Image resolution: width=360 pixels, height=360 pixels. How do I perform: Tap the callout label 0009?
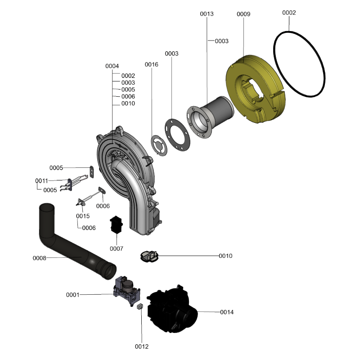(x=243, y=14)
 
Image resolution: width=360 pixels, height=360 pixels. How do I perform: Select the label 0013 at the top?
(x=207, y=14)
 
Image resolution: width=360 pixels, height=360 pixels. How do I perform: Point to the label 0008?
(x=40, y=258)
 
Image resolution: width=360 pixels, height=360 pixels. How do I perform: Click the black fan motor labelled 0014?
(x=172, y=309)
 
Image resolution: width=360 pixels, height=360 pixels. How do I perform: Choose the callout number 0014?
(x=227, y=312)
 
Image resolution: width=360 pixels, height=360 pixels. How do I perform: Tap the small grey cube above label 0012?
(x=140, y=306)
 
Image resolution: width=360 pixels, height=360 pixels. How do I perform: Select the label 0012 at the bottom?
(x=142, y=346)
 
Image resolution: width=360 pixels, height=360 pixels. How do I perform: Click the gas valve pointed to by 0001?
(x=127, y=290)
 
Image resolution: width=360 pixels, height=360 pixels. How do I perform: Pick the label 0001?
(x=72, y=295)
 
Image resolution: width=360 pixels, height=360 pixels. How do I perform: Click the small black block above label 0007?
(x=117, y=224)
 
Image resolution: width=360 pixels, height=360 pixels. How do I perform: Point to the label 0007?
(x=117, y=248)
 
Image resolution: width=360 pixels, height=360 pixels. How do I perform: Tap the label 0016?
(x=152, y=64)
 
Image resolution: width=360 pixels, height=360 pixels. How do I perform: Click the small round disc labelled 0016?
(x=159, y=145)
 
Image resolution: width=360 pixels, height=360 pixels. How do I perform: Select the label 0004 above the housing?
(x=112, y=66)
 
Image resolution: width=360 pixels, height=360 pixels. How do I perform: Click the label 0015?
(x=83, y=216)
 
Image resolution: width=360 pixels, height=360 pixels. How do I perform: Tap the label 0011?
(x=41, y=181)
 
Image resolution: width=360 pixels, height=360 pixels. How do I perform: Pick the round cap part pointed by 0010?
(x=149, y=256)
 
